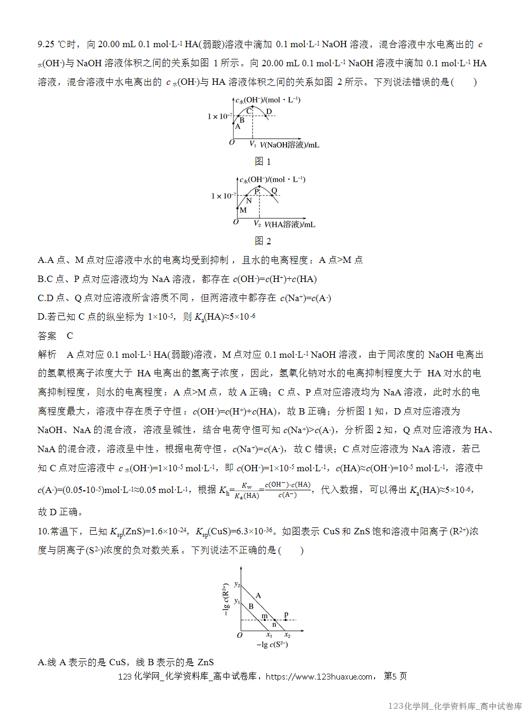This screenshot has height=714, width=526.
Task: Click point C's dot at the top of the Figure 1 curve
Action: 253,108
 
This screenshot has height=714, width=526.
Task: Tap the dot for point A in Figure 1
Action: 234,124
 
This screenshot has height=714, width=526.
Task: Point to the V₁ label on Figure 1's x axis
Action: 253,144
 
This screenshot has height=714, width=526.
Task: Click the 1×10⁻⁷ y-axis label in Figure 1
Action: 219,116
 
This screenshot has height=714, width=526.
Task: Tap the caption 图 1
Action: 263,161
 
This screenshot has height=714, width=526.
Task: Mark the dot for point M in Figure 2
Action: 238,209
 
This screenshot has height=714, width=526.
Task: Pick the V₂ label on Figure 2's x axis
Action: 257,224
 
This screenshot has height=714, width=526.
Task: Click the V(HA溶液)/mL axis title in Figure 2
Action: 290,224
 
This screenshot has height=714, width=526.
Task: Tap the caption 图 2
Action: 263,241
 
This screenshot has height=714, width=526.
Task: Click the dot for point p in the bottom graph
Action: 286,620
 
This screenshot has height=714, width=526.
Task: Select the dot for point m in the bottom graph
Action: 265,620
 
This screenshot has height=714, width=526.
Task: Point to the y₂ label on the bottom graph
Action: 237,584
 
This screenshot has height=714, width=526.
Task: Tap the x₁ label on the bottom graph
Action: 269,635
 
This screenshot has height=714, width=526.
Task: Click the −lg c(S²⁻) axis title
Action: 272,645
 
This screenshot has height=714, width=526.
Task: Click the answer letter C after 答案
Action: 70,336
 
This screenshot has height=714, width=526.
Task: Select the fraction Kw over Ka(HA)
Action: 247,490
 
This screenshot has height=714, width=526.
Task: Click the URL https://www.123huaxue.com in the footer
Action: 319,676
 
